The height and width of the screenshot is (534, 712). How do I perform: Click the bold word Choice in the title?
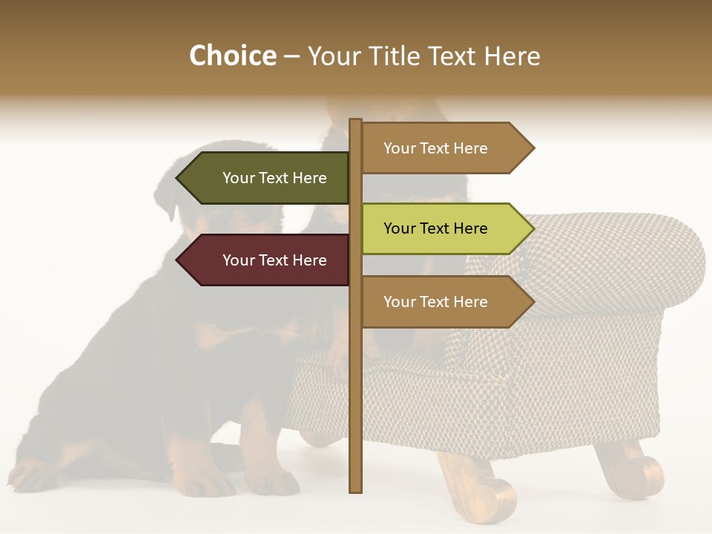[232, 56]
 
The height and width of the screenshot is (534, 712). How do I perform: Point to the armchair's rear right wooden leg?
[630, 467]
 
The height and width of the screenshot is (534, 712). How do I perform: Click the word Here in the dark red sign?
[309, 260]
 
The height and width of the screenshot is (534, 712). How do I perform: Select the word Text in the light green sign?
[436, 228]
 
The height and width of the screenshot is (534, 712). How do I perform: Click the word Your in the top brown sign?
[399, 148]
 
